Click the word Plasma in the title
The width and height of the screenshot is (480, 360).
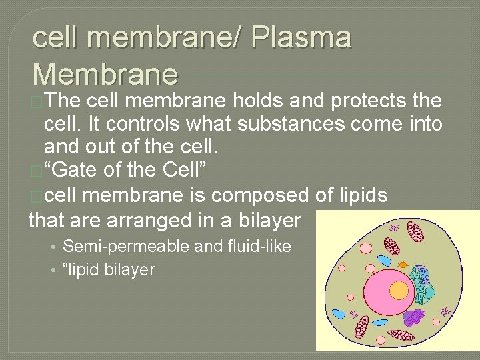point(301,39)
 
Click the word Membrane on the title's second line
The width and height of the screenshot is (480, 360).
point(105,74)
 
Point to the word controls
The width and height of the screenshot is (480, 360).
point(140,123)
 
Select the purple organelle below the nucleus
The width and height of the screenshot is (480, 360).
point(415,318)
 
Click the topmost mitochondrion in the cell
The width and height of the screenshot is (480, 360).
point(415,231)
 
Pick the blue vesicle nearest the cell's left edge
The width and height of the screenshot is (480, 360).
point(339,313)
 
